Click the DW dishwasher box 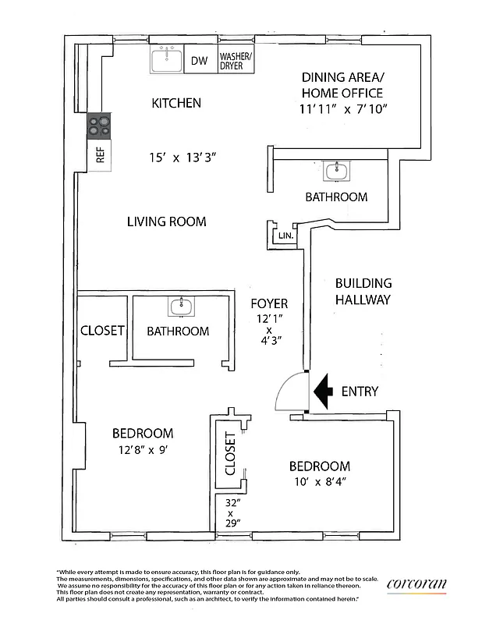tap(199, 61)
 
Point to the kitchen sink tap(166, 58)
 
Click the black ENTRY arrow tap(323, 390)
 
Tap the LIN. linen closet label tap(285, 235)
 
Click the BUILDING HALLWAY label tap(363, 291)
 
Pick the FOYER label tap(269, 303)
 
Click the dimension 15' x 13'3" tap(183, 157)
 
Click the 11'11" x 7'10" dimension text tap(343, 108)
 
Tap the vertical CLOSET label tap(230, 454)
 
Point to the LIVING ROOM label tap(166, 222)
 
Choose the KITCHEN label tap(176, 103)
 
